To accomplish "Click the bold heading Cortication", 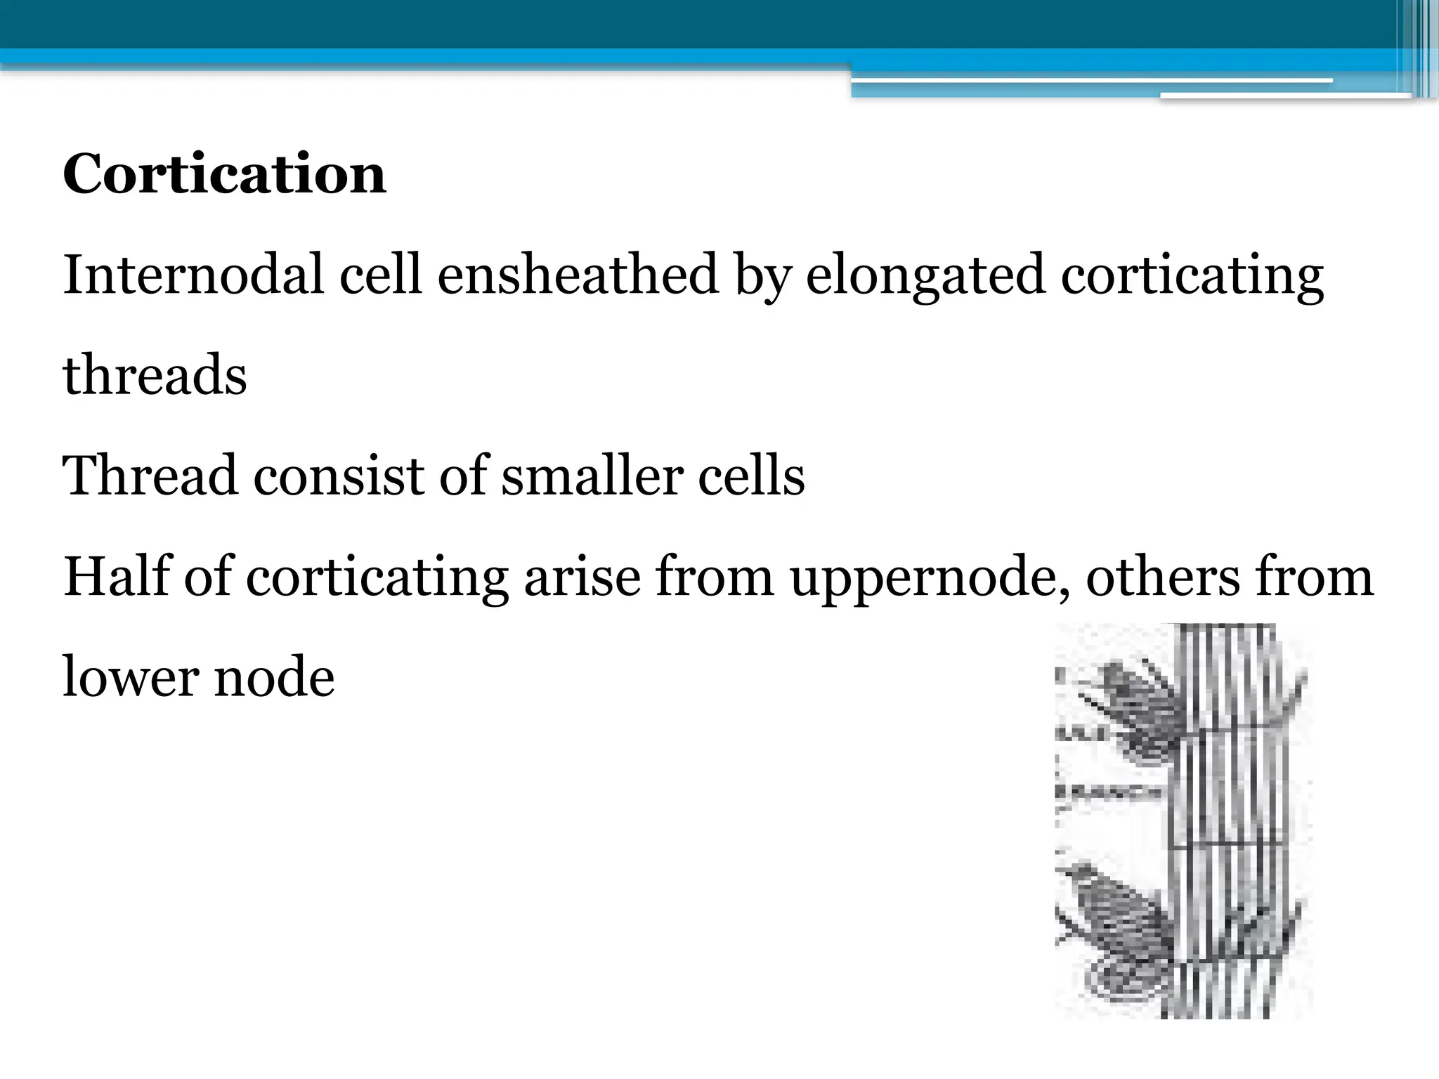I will [x=224, y=174].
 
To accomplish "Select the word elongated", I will [x=925, y=275].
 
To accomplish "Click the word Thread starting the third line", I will [x=150, y=476].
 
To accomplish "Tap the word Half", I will [x=116, y=576].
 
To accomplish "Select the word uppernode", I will [x=930, y=577].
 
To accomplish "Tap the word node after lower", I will [x=274, y=677].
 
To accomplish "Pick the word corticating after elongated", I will [x=1192, y=275].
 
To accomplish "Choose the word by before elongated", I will [x=762, y=275].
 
